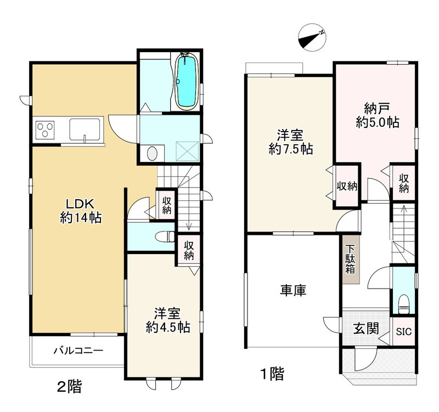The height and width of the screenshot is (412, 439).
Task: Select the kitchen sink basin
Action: point(85,129)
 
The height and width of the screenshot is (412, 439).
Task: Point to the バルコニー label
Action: point(78,351)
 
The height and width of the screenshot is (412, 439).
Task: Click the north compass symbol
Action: point(312,37)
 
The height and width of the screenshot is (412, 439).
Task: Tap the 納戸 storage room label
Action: point(377,108)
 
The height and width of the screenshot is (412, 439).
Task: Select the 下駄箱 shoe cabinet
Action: point(351,259)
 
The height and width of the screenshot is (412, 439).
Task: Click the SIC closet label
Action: point(404,332)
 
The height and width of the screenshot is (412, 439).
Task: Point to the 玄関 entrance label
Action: point(366,328)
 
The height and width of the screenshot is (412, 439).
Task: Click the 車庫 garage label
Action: point(293,290)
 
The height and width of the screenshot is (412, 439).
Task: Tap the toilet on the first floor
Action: point(403,304)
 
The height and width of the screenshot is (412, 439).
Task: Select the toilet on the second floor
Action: point(165,236)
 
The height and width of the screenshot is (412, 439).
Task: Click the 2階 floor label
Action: point(70,387)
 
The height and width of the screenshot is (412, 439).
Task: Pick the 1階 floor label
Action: point(272,374)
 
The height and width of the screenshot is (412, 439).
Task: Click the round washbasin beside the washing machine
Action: point(152,154)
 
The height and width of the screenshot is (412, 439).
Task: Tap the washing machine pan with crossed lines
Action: point(187,151)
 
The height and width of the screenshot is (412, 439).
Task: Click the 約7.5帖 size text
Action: point(291,149)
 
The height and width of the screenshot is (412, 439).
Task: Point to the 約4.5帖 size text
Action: point(168,327)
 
